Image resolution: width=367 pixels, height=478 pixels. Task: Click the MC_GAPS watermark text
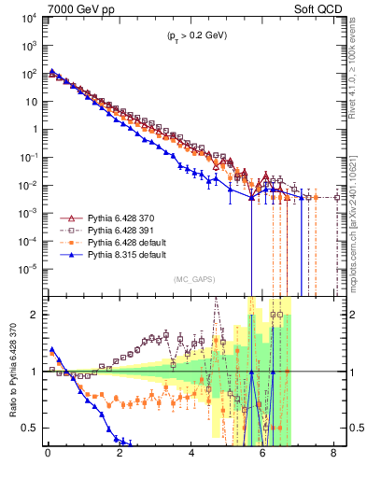click(x=191, y=279)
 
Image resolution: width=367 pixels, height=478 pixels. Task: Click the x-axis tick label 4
click(x=191, y=458)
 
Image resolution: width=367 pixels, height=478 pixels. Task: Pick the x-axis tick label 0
click(x=48, y=458)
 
